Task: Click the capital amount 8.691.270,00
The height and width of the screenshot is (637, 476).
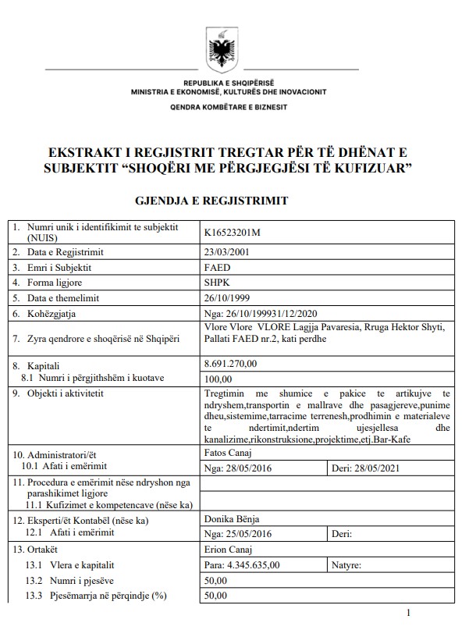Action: tap(234, 364)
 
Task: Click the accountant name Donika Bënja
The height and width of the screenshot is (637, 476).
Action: tap(232, 518)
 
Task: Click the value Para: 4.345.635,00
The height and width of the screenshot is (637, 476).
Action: tap(241, 564)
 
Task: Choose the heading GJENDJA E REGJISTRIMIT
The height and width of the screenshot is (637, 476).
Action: tap(212, 201)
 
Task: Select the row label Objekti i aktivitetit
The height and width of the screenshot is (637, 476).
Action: tap(66, 393)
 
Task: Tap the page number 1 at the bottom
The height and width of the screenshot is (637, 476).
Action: tap(409, 614)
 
